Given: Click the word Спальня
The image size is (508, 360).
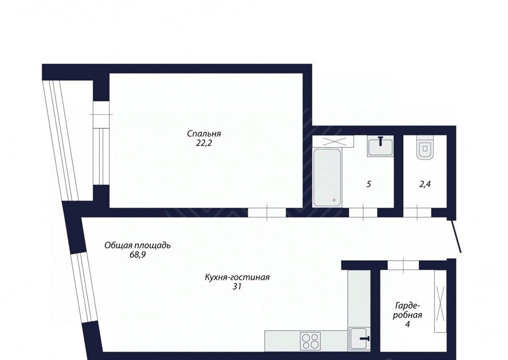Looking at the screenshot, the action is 204,134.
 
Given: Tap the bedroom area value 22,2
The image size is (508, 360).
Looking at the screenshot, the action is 203,143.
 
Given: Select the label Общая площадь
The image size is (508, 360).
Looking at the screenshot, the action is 137,245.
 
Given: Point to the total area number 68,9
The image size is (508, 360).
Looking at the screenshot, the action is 138,255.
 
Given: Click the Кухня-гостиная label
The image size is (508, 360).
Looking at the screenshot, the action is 237,278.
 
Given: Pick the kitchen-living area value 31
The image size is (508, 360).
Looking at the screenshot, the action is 237,287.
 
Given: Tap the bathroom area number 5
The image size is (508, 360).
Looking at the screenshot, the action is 369,184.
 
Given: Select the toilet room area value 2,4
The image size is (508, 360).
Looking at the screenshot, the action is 425,185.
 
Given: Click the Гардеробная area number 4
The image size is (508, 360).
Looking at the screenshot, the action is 408,324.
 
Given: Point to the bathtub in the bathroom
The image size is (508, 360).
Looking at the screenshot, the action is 327,178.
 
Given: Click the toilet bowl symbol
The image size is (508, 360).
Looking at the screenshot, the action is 425,148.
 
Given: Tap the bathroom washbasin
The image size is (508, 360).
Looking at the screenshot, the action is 381,146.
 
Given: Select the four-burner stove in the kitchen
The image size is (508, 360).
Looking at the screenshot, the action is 311,341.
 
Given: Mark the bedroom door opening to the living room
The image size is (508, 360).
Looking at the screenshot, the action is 267,213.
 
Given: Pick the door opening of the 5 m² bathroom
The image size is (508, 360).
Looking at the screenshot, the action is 363,213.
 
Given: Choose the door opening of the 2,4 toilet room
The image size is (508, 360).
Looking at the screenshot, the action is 417,213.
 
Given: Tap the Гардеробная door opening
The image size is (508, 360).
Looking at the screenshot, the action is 403,265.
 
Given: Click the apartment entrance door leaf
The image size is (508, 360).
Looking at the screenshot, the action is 456,236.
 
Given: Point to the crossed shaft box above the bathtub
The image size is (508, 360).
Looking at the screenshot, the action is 333,142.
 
